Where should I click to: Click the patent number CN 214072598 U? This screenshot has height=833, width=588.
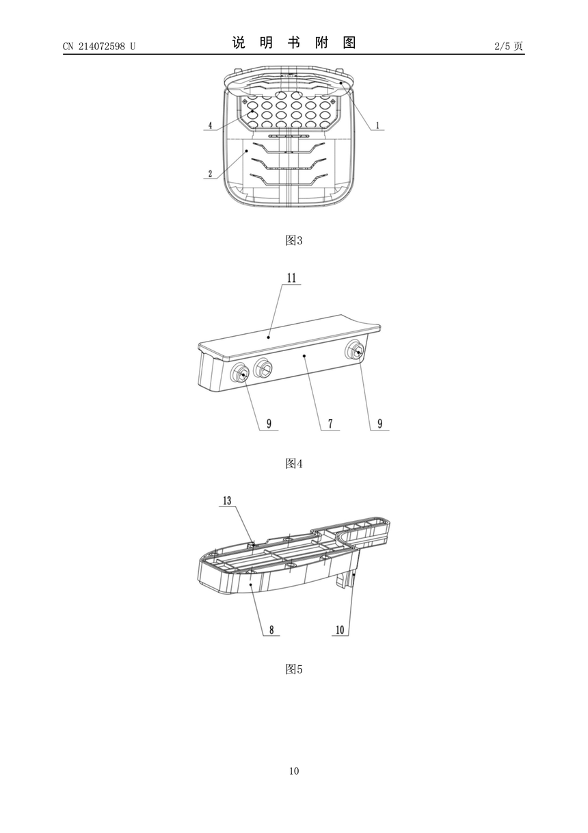point(99,46)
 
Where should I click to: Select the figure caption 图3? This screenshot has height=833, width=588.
point(294,241)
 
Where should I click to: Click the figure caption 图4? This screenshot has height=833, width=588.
point(294,463)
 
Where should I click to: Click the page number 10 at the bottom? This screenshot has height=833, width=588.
point(294,771)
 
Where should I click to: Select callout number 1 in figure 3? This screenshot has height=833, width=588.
point(378,125)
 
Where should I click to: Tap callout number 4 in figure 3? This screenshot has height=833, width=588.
point(210,125)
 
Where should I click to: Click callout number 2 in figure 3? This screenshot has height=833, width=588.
point(210,174)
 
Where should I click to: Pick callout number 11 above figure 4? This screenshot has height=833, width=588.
point(291,278)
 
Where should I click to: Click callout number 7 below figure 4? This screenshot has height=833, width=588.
point(330,424)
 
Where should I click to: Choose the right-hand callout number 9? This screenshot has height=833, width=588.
point(379,424)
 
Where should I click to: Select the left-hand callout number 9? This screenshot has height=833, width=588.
point(269,424)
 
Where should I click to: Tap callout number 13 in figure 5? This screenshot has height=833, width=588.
point(227,501)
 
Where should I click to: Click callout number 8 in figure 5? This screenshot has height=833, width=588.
point(271,630)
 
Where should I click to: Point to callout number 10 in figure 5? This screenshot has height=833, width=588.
point(340,630)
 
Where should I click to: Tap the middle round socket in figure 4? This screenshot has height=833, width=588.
point(263,368)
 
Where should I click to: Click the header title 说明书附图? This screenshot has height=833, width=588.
point(294,42)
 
